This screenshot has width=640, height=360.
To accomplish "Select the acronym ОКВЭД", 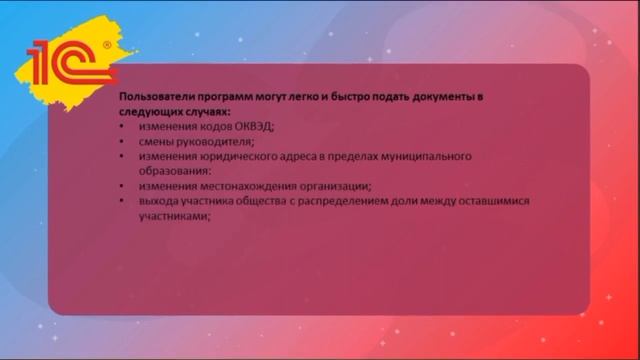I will coord(253,126).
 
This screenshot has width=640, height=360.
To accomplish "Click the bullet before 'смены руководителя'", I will coord(121,141).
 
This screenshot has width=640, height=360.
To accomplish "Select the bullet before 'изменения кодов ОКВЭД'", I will coord(121,126).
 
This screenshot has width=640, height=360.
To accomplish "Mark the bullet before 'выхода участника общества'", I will coord(121,201).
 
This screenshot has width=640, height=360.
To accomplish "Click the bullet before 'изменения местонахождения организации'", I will coord(121,186).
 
